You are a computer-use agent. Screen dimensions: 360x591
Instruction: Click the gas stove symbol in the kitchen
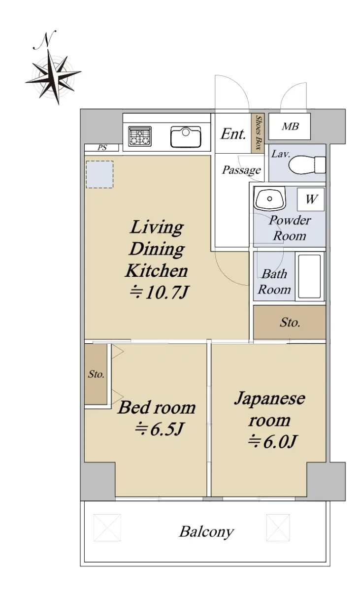pyautogui.click(x=140, y=136)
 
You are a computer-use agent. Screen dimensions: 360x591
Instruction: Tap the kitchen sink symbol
pyautogui.click(x=186, y=137)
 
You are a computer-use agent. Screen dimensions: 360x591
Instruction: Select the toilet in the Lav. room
pyautogui.click(x=307, y=165)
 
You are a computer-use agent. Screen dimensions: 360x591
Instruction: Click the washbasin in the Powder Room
pyautogui.click(x=269, y=198)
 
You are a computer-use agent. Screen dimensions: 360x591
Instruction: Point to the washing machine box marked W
pyautogui.click(x=311, y=199)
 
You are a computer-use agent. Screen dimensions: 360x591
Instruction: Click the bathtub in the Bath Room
pyautogui.click(x=310, y=276)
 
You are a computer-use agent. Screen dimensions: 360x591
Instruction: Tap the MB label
pyautogui.click(x=290, y=127)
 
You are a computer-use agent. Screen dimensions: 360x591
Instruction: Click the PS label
pyautogui.click(x=102, y=148)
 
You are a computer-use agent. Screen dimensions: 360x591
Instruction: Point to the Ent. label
pyautogui.click(x=233, y=134)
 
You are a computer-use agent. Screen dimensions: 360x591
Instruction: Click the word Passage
pyautogui.click(x=242, y=170)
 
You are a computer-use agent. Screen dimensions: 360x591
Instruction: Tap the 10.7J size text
pyautogui.click(x=159, y=293)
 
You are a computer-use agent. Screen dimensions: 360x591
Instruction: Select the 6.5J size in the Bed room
pyautogui.click(x=159, y=429)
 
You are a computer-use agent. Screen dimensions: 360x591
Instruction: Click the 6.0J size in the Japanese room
pyautogui.click(x=272, y=442)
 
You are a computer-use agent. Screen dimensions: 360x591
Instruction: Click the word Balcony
pyautogui.click(x=206, y=532)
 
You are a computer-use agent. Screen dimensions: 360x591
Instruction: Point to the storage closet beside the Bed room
pyautogui.click(x=96, y=374)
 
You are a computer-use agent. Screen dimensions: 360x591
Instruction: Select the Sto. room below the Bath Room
pyautogui.click(x=290, y=322)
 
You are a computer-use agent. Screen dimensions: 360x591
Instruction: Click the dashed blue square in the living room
pyautogui.click(x=99, y=174)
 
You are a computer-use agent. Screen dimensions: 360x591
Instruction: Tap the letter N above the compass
pyautogui.click(x=45, y=40)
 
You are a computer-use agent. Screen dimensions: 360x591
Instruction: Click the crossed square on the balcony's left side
pyautogui.click(x=107, y=527)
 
